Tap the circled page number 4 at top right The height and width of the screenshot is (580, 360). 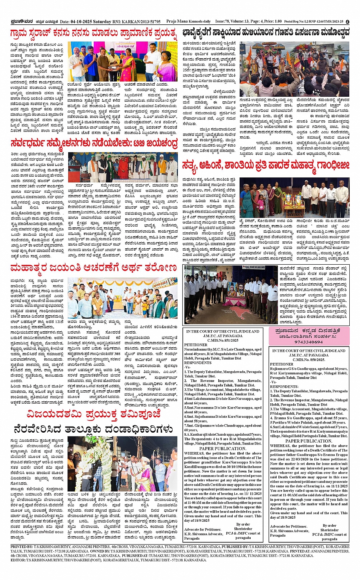[x=347, y=22]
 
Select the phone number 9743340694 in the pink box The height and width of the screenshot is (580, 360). [x=308, y=342]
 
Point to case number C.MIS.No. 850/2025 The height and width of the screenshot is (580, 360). [x=309, y=360]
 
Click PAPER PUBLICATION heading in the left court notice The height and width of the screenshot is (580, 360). [x=222, y=448]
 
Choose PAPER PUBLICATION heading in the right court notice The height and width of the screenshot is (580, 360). [x=309, y=441]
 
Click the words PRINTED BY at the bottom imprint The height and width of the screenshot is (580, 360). [x=22, y=546]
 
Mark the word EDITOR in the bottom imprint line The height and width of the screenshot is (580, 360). [x=18, y=560]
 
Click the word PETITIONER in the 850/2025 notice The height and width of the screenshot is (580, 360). [x=282, y=364]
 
